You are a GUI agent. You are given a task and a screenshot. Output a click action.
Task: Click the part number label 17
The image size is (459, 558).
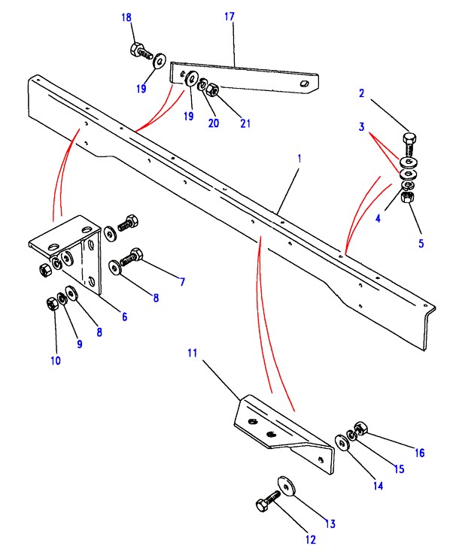pos(229,17)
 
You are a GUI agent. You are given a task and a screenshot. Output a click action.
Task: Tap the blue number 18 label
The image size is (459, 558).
pos(126,17)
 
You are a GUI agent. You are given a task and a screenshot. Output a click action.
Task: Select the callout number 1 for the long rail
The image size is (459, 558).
pos(299,159)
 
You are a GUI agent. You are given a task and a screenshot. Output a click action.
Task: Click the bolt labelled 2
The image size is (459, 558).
pos(410,144)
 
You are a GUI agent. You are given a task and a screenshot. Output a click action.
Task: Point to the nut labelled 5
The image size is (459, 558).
pos(407,196)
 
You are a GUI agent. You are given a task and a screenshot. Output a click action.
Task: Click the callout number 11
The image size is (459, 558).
pos(193,353)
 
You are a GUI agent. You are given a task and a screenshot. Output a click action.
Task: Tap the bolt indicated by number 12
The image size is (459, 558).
pos(268,500)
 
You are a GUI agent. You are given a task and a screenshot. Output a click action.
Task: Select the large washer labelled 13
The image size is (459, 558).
pos(286,485)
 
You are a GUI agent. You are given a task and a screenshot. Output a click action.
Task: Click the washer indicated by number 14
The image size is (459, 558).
pos(342,442)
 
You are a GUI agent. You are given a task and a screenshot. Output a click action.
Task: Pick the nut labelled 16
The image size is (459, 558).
pos(361,428)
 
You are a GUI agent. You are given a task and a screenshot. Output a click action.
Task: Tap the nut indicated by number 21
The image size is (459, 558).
pos(212,89)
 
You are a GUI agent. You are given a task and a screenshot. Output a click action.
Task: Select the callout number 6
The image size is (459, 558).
pos(125,317)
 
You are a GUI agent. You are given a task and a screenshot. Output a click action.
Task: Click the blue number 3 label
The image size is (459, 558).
pos(362,126)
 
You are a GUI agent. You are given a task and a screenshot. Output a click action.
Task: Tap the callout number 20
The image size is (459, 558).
pos(214,123)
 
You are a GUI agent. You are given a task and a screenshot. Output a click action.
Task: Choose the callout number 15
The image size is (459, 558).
pos(399,469)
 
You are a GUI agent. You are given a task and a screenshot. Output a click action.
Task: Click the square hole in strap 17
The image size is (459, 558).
pos(303,83)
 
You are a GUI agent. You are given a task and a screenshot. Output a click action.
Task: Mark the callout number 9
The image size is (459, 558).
pos(80,344)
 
